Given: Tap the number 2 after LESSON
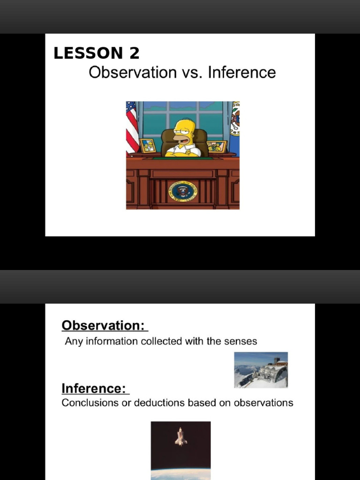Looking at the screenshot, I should tap(134, 53).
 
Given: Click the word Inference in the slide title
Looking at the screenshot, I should tap(242, 73).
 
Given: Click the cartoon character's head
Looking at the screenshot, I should tap(183, 130).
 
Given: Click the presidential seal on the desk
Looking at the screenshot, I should tap(183, 191).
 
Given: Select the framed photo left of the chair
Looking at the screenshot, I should tap(149, 145).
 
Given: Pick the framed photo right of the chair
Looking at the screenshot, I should tap(217, 146).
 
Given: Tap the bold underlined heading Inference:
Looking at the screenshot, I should tap(94, 389).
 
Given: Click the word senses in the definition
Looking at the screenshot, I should tap(240, 341).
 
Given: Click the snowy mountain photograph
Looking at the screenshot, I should tap(261, 370).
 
